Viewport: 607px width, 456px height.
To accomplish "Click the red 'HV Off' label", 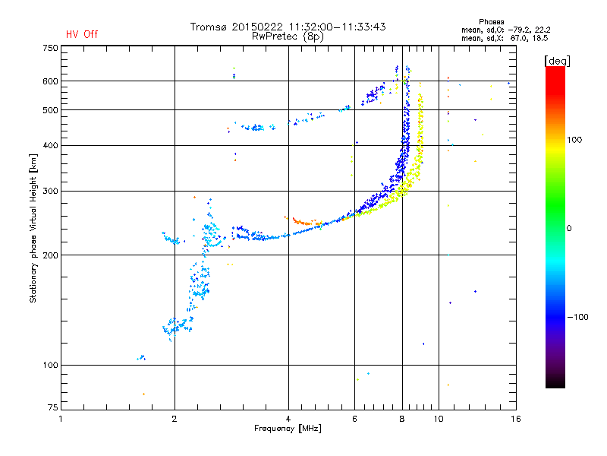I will click(x=82, y=34).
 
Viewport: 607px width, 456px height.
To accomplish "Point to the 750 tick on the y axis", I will click(x=50, y=48).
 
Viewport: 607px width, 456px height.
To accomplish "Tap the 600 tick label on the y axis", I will click(x=50, y=81).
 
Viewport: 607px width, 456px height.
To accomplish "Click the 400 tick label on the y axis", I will click(x=50, y=145).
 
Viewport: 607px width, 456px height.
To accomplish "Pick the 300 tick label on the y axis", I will click(x=50, y=191).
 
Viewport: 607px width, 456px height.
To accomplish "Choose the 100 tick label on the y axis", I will click(x=50, y=366).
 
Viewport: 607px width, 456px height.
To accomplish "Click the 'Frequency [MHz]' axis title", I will click(x=288, y=429).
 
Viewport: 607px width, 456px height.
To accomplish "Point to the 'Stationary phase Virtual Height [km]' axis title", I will click(x=33, y=228).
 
